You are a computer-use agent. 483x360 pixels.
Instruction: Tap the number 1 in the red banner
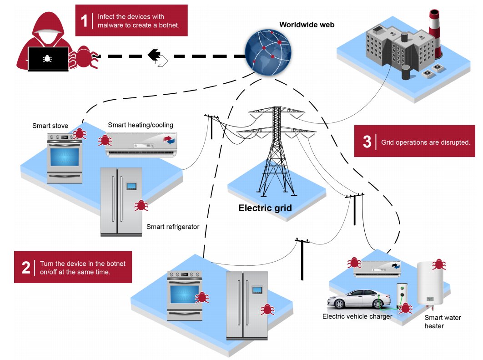pos(84,20)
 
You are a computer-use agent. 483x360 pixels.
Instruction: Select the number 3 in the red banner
pos(367,142)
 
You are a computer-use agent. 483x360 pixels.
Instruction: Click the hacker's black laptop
pos(48,59)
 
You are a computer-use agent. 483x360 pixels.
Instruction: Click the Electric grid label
pos(265,209)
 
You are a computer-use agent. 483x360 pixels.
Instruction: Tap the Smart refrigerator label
pos(173,227)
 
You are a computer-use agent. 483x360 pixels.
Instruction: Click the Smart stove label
pos(50,126)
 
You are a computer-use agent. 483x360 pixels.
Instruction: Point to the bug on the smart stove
pos(80,133)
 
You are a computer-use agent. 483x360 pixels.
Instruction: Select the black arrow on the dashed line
pos(155,55)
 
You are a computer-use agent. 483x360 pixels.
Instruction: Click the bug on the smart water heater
pos(438,264)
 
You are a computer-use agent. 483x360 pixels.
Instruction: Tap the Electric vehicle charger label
pos(357,316)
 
